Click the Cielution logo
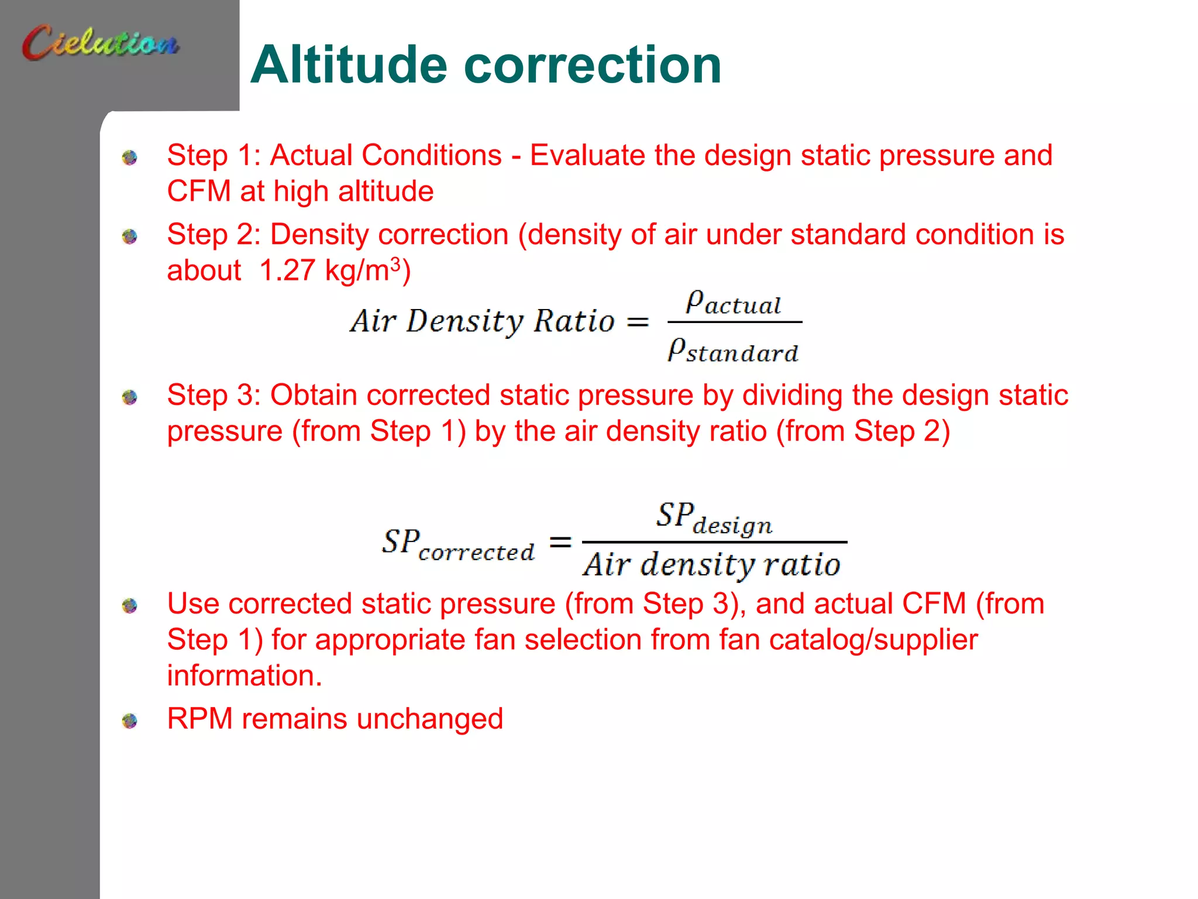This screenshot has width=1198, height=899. click(x=101, y=42)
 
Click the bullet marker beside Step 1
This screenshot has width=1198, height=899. click(x=130, y=157)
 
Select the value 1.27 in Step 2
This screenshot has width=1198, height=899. click(x=287, y=271)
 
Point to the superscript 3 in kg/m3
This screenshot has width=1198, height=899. click(x=396, y=263)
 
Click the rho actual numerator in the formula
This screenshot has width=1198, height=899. click(x=734, y=303)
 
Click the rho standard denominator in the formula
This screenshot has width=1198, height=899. click(x=733, y=351)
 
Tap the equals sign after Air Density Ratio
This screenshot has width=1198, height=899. click(x=638, y=322)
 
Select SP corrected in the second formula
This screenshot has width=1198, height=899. click(x=458, y=544)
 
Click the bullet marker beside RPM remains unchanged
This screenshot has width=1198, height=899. click(x=130, y=720)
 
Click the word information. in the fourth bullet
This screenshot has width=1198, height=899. click(x=245, y=676)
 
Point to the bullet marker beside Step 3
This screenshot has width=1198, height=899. click(x=130, y=397)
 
